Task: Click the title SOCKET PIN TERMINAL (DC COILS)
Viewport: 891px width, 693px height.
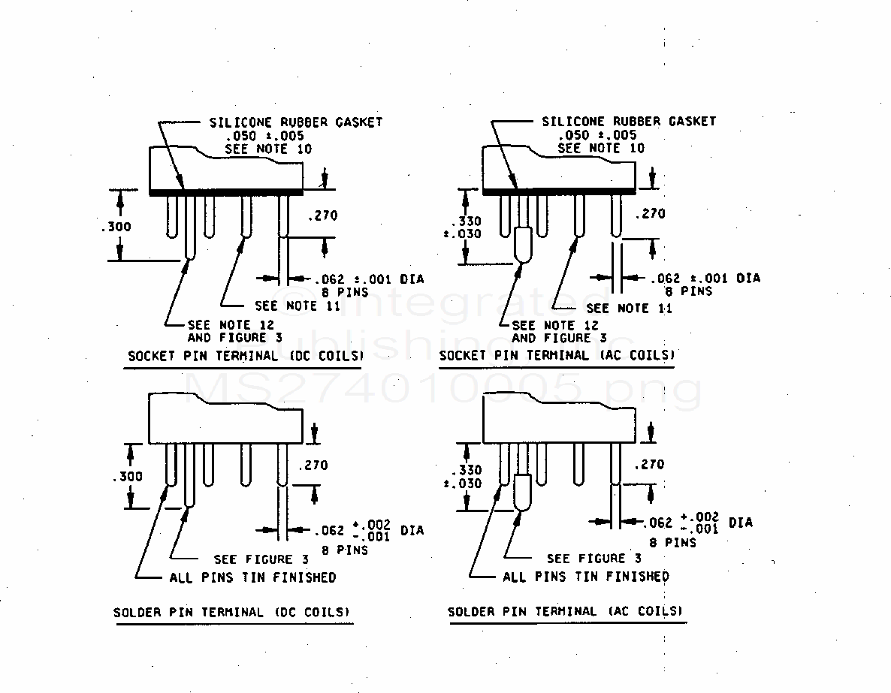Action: pyautogui.click(x=245, y=356)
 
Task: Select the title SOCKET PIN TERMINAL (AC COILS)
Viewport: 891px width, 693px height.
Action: pyautogui.click(x=557, y=355)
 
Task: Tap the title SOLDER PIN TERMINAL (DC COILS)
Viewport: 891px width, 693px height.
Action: pyautogui.click(x=231, y=612)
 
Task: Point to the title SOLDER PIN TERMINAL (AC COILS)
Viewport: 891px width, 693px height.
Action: pyautogui.click(x=566, y=611)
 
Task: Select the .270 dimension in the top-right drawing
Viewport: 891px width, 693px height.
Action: pyautogui.click(x=650, y=214)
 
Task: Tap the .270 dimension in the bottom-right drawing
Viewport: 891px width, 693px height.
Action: pyautogui.click(x=649, y=465)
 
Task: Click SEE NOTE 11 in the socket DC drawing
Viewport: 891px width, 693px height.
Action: pyautogui.click(x=298, y=306)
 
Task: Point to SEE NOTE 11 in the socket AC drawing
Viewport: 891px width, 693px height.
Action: pyautogui.click(x=629, y=308)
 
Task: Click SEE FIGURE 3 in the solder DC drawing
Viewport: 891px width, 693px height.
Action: pyautogui.click(x=261, y=559)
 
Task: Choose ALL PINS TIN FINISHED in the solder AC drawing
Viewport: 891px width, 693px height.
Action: pyautogui.click(x=585, y=577)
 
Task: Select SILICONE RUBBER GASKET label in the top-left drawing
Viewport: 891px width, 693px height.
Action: pyautogui.click(x=294, y=122)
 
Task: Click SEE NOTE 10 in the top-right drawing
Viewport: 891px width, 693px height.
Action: pyautogui.click(x=601, y=148)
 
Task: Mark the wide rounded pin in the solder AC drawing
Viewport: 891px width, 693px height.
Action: pyautogui.click(x=524, y=493)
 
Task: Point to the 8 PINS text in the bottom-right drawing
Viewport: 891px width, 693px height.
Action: pyautogui.click(x=673, y=542)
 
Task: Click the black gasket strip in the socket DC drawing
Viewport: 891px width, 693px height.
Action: pyautogui.click(x=225, y=192)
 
